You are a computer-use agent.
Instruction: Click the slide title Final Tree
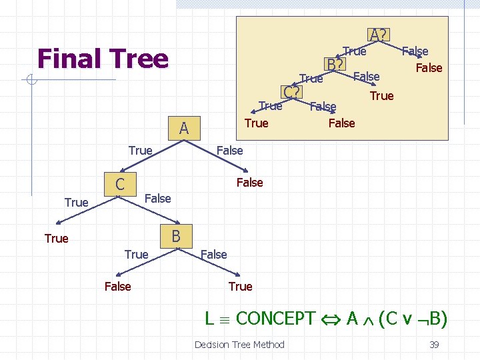coord(103,59)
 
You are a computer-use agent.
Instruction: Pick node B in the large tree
coord(176,235)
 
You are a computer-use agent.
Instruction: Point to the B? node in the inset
coord(335,64)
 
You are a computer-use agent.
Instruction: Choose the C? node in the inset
coord(291,92)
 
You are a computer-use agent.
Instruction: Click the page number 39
coord(433,344)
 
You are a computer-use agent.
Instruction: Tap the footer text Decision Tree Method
coord(239,344)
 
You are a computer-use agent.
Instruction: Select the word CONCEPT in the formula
coord(275,319)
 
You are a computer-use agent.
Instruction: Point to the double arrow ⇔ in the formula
coord(331,319)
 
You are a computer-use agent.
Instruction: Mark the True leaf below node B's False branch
coord(240,286)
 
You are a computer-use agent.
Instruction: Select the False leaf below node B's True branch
coord(118,286)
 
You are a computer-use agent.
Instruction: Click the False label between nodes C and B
coord(158,198)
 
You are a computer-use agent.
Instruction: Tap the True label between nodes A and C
coord(140,151)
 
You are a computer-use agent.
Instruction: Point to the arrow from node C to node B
coord(151,210)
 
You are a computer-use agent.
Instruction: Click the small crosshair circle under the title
coord(31,81)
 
